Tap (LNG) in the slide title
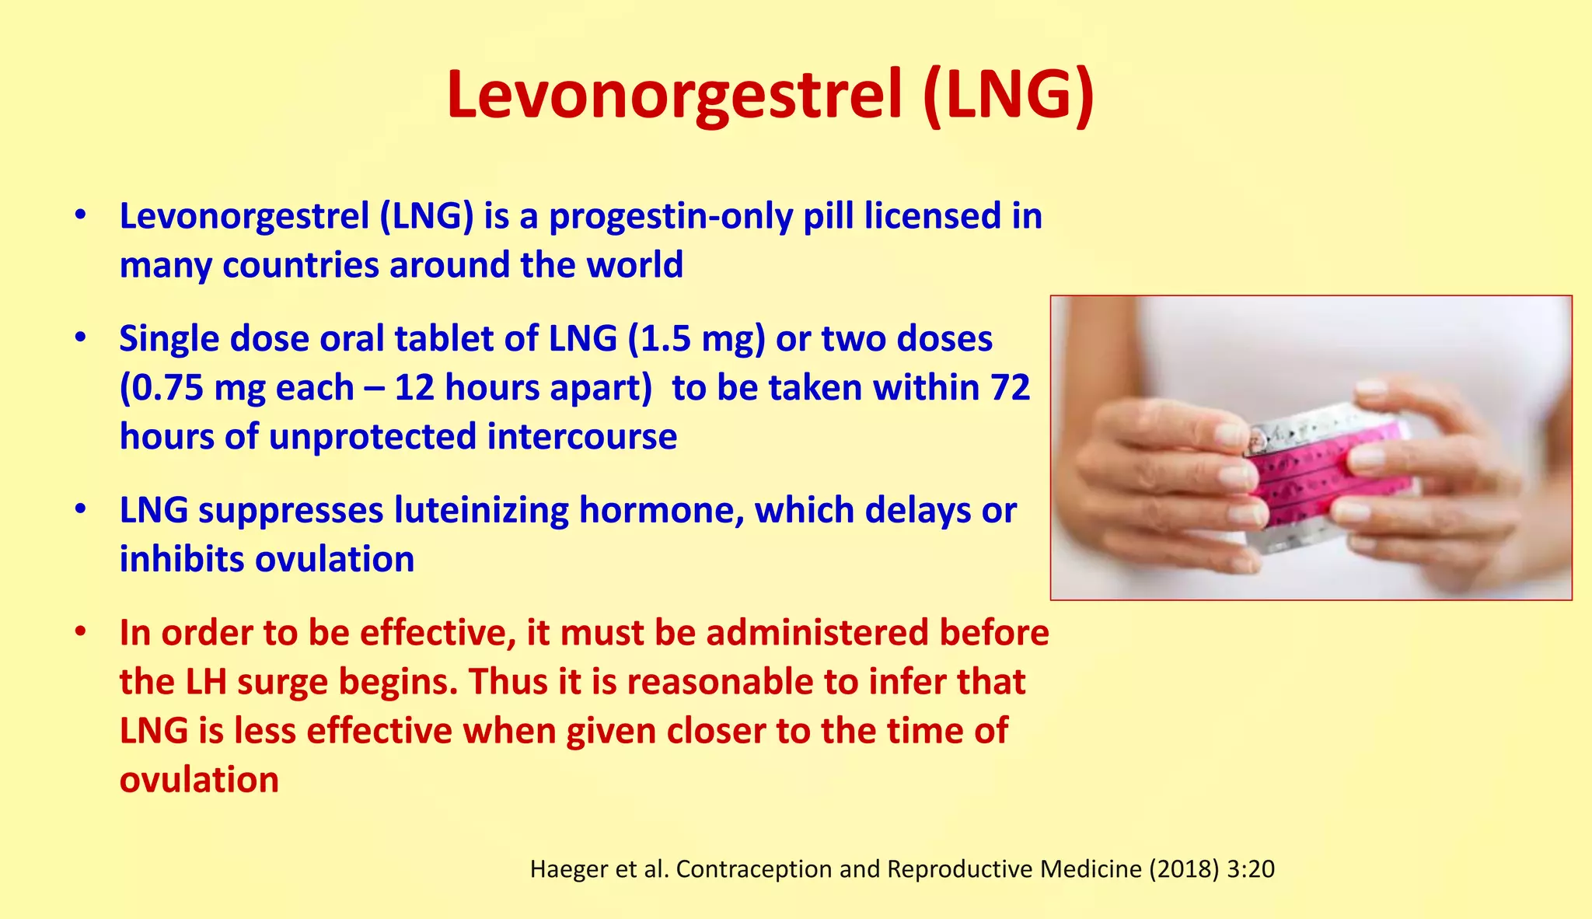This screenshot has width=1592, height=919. click(x=1009, y=95)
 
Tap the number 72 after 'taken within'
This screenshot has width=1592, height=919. click(x=1010, y=388)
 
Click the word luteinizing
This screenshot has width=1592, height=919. click(x=481, y=511)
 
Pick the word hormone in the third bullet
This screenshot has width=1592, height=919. click(x=661, y=511)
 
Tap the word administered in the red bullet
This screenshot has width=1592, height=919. click(x=817, y=633)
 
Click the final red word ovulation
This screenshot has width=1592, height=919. click(x=199, y=780)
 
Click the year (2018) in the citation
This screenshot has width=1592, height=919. click(x=1184, y=869)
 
